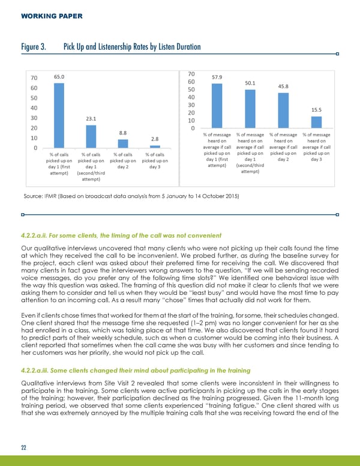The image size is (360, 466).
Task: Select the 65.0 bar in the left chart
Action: coord(59,114)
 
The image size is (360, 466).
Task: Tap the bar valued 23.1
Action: coord(91,135)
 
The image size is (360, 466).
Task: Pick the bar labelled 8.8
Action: coord(122,143)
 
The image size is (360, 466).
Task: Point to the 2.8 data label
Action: coord(155,139)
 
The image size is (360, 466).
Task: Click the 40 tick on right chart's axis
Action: coord(192,97)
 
